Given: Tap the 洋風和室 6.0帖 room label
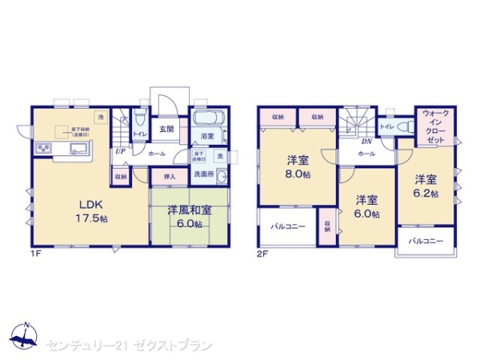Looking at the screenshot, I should coord(189,217).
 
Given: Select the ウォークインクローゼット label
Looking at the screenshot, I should coord(434,126).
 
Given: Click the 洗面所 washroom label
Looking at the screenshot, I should coord(205,174).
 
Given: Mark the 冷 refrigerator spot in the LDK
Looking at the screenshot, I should coord(102,118).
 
